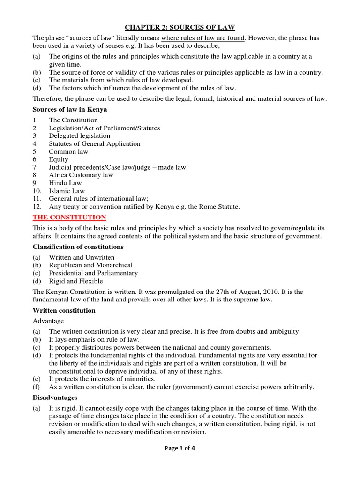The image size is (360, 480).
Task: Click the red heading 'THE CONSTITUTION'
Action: [x=69, y=217]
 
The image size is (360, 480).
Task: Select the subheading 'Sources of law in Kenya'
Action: [x=70, y=109]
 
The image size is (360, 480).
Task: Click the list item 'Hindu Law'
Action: [x=65, y=183]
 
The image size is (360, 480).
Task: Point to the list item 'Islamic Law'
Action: [x=67, y=191]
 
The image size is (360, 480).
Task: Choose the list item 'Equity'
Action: [x=59, y=159]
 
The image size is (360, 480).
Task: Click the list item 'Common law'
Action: [x=68, y=151]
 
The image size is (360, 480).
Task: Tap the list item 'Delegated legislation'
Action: [x=80, y=136]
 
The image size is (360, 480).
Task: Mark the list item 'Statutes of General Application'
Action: [x=95, y=144]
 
